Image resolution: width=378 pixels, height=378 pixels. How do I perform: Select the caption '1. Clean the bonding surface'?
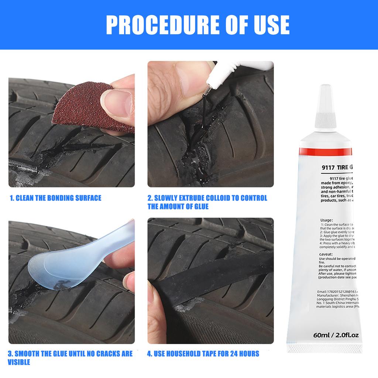(55, 198)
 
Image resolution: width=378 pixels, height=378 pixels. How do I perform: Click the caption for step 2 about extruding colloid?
(207, 202)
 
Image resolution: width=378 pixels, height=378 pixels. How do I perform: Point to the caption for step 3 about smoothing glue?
(70, 358)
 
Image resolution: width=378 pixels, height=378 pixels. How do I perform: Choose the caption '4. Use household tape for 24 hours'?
(203, 354)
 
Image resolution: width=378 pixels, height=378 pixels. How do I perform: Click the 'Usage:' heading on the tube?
(327, 220)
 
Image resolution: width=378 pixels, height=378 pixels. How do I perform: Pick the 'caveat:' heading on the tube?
(327, 254)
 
